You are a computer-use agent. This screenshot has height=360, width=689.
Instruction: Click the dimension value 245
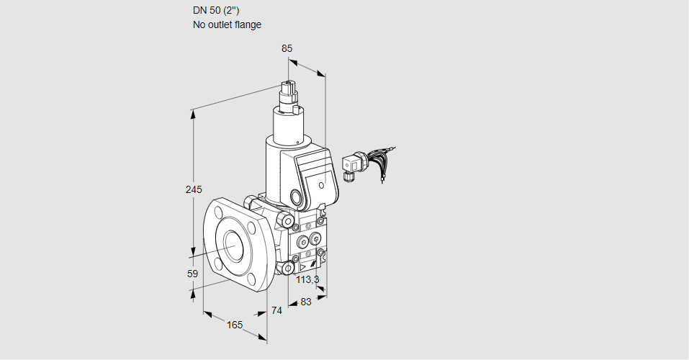[x=193, y=190]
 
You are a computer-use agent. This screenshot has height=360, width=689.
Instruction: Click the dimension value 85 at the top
[x=287, y=48]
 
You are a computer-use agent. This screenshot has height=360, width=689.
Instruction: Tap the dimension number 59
[x=192, y=274]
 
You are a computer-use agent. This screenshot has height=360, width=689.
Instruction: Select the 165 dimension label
[x=235, y=325]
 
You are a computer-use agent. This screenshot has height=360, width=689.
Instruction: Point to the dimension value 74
[x=276, y=310]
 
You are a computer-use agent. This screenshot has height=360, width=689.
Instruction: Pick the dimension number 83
[x=305, y=302]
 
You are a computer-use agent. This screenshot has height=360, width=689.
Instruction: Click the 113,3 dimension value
[x=307, y=279]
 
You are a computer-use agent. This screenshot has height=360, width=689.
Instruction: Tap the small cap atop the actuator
[x=290, y=91]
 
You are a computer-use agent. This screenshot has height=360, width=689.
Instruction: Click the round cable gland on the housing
[x=297, y=197]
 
